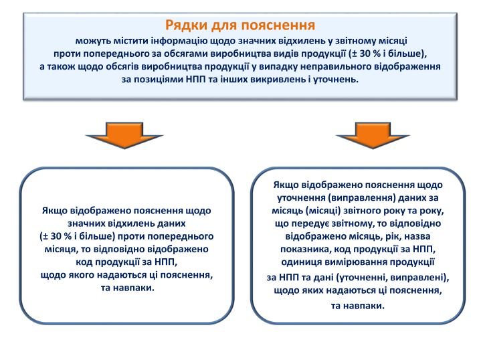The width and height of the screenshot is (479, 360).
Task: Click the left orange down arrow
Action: point(124,134)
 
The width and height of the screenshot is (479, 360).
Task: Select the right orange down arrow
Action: point(373,134)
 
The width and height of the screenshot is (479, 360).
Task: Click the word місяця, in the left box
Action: point(60,249)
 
